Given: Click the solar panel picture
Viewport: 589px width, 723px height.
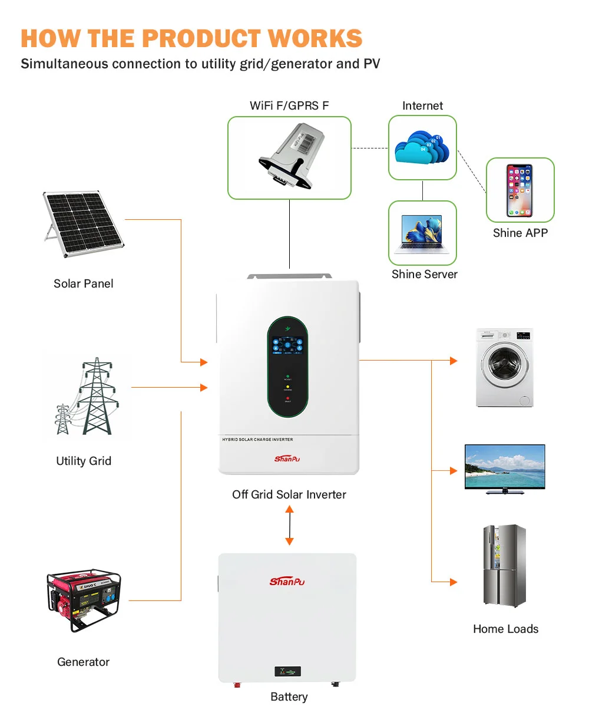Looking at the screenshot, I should coord(82,223).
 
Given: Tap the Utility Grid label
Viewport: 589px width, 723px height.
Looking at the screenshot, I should coord(84,461).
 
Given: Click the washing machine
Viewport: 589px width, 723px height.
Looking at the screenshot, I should coord(504,367).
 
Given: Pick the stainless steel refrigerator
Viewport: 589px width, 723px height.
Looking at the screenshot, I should coord(505,566).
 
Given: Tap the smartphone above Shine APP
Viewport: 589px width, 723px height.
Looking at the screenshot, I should coord(519,190).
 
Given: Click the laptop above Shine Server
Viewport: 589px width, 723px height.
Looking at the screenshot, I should coord(422,232).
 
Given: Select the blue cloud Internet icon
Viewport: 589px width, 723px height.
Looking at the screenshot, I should coord(422,147).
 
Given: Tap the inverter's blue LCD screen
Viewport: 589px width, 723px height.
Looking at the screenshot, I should coord(287,345).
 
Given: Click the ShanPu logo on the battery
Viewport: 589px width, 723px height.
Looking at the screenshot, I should coord(287,582).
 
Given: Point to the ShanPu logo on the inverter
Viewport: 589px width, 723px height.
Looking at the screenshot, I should coord(287,458).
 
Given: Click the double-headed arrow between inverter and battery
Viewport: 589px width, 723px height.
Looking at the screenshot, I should coord(289,526).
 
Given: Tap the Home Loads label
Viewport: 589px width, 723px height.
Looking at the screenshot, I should coord(505,629).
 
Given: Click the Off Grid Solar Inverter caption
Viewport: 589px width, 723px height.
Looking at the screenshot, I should coord(289,494).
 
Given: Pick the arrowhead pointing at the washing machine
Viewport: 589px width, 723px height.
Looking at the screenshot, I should coord(454,361).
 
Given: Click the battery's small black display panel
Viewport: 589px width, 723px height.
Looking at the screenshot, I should coord(287,671).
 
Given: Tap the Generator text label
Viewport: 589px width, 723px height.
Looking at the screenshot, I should coord(84,662).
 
